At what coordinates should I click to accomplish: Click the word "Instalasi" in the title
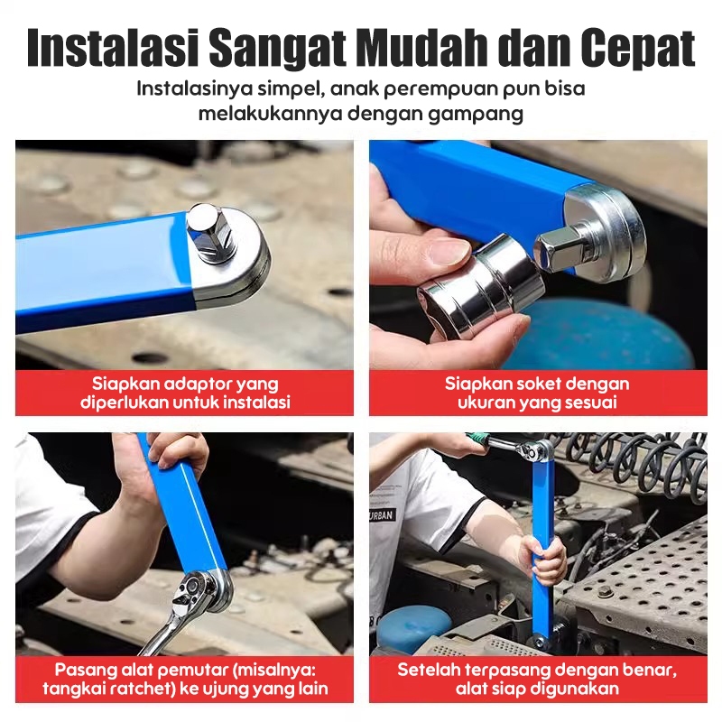tap(113, 48)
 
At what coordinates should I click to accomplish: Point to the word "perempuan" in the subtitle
tap(440, 88)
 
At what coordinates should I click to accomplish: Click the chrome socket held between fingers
tap(480, 282)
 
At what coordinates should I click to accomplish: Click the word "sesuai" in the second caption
tap(591, 403)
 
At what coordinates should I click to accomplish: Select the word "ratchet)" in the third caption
tap(141, 689)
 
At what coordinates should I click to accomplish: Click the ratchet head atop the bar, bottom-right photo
tap(535, 450)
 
